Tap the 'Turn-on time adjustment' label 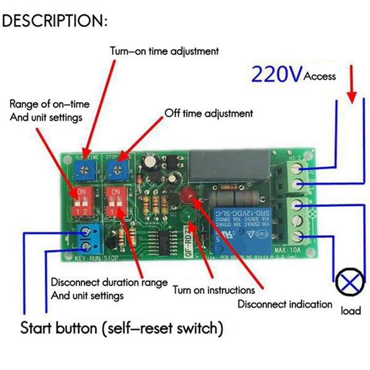[x=164, y=51]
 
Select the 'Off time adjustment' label [x=209, y=113]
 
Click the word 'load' [x=351, y=311]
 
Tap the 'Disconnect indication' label [x=285, y=304]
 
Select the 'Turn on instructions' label [x=214, y=290]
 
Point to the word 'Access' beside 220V [x=320, y=76]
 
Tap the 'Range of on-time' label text [x=49, y=104]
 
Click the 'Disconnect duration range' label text [x=109, y=282]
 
